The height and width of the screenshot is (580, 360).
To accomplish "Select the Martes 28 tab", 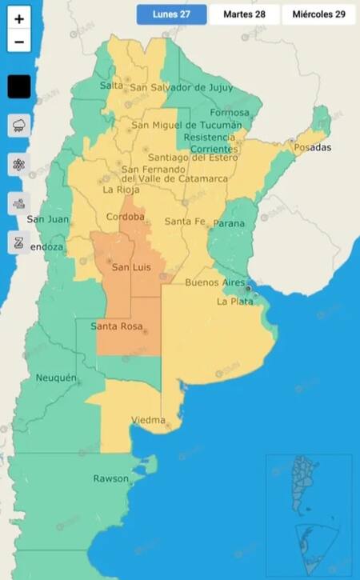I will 244,14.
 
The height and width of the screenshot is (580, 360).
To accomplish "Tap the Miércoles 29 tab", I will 318,14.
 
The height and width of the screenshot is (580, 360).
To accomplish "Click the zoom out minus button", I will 19,42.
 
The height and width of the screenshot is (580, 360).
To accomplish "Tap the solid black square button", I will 19,86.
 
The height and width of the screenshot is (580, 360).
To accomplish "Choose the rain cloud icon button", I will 19,126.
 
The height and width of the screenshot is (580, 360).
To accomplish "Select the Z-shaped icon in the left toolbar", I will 19,242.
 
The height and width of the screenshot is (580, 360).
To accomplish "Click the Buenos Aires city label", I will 214,283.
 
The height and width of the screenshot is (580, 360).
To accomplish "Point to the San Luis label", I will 131,266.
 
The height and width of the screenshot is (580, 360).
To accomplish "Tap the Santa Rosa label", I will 117,326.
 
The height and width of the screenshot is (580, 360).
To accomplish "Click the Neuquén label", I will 56,378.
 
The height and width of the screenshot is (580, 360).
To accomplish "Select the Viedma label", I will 148,421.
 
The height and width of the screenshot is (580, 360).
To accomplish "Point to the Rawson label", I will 110,478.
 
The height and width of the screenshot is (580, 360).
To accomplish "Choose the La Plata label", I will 235,302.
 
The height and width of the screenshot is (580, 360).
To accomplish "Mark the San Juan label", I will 45,219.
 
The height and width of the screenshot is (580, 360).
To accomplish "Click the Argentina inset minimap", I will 309,485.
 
